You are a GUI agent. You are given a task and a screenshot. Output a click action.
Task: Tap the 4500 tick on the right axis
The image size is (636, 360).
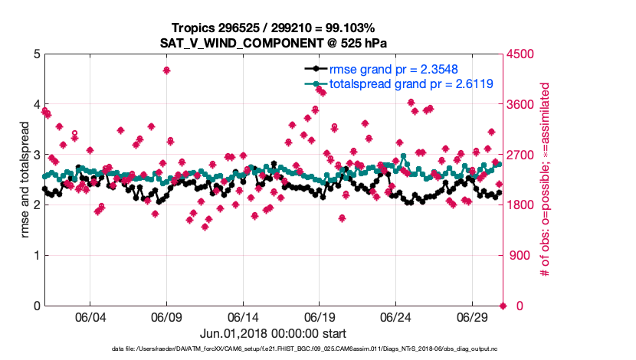pos(521,54)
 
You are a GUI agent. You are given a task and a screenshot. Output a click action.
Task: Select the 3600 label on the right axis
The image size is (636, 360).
pos(521,105)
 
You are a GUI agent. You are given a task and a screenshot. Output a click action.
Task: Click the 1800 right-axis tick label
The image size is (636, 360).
pos(521,205)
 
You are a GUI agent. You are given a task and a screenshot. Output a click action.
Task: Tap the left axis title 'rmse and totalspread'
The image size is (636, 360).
pos(25,180)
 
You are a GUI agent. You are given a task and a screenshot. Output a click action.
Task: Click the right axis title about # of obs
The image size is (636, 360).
pos(546,180)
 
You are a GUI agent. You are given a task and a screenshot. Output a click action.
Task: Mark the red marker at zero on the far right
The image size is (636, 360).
pos(503,306)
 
